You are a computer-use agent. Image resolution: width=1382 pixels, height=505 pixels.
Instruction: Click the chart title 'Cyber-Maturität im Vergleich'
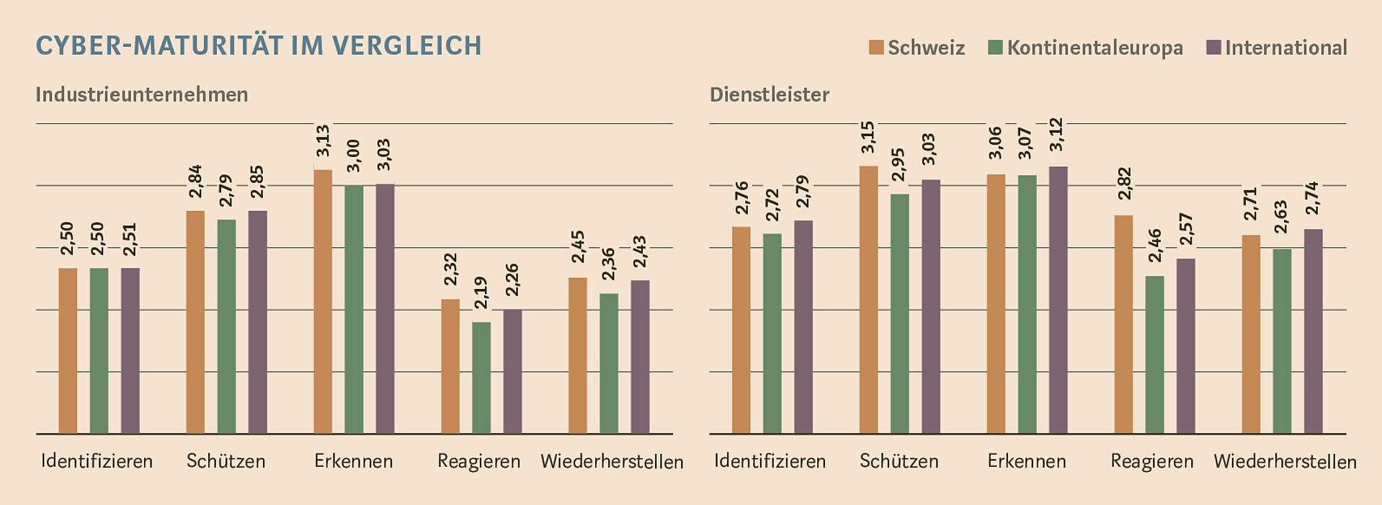259,45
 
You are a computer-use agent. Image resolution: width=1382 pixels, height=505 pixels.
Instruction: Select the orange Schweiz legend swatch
875,48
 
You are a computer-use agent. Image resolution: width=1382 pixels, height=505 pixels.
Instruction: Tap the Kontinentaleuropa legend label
1095,48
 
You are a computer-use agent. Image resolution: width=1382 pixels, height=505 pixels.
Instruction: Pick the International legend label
1285,48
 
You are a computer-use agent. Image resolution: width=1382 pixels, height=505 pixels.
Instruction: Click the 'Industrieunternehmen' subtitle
142,94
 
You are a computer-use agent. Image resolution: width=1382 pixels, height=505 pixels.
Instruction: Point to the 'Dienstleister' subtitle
770,94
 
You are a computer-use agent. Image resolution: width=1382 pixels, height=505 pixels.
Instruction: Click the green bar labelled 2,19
481,377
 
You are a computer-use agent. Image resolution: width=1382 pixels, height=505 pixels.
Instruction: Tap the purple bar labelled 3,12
1058,300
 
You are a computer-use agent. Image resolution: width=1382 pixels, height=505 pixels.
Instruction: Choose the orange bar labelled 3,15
868,300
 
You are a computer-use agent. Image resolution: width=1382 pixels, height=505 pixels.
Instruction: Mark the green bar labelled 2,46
1154,354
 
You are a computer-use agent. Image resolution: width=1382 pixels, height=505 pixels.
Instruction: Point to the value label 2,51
130,239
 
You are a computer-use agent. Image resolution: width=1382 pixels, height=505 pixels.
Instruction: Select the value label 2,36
609,264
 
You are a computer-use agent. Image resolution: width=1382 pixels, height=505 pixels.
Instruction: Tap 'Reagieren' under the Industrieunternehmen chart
478,461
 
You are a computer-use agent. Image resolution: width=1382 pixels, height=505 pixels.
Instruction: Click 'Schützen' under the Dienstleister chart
899,461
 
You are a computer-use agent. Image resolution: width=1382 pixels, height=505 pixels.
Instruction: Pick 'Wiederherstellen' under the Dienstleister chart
1285,461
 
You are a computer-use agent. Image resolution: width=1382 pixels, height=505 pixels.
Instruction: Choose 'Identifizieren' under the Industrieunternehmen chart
97,461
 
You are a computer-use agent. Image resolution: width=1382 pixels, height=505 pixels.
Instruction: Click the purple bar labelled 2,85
257,322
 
